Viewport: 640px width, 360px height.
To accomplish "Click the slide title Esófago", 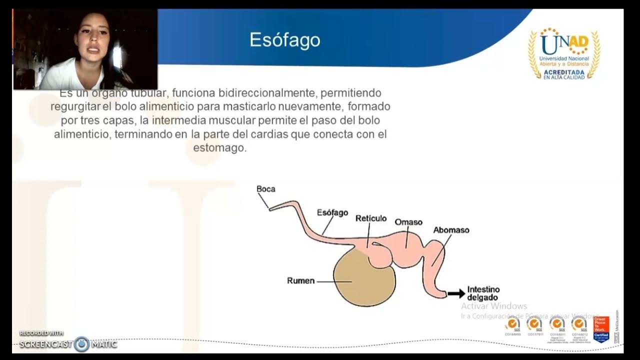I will (285, 40).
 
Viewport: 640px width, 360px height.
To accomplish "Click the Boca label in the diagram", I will (265, 189).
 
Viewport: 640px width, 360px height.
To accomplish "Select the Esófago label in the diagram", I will (332, 212).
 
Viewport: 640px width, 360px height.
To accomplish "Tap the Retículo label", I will (371, 218).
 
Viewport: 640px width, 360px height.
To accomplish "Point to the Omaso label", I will (408, 222).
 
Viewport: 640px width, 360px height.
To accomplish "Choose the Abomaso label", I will (451, 230).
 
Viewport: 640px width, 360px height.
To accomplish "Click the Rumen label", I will (300, 281).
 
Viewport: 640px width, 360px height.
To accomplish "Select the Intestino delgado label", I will (483, 293).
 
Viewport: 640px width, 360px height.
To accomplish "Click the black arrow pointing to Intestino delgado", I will (456, 294).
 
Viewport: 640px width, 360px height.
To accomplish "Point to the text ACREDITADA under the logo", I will (564, 72).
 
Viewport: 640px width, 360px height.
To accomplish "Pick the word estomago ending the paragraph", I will (219, 148).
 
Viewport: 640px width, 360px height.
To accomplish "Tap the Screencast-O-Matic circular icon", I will (82, 344).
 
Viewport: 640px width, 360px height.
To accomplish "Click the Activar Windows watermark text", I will (494, 306).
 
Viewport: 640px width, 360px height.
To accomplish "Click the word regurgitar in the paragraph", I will (78, 107).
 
